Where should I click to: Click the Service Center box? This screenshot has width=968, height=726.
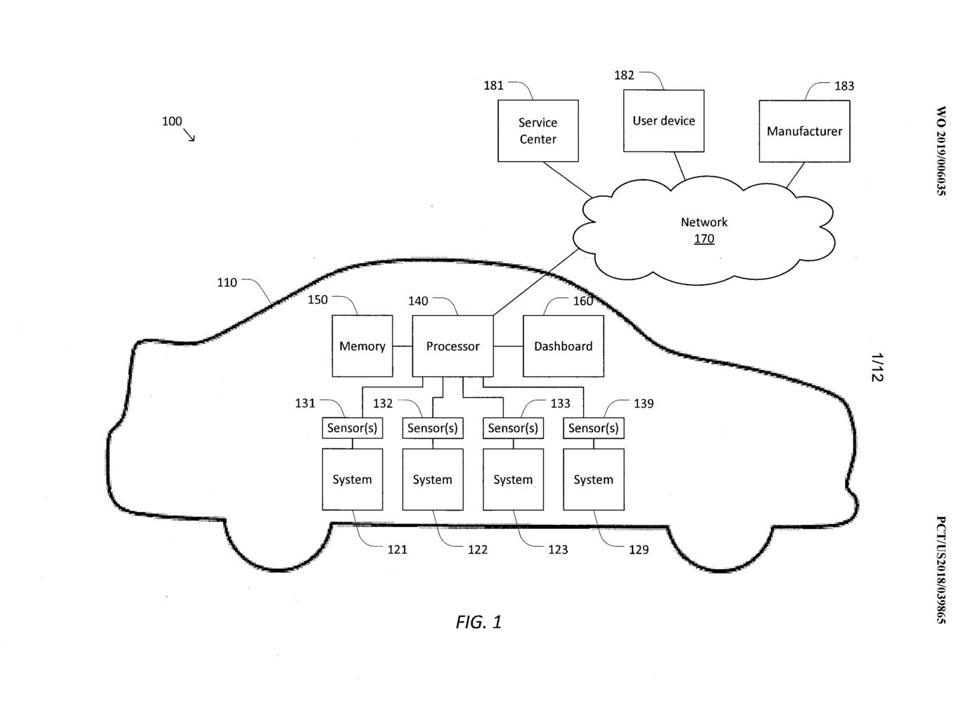pos(537,130)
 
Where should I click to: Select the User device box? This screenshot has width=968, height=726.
pos(663,121)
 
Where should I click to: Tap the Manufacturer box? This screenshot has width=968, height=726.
pos(804,131)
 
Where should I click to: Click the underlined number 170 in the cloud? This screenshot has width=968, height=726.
pos(703,238)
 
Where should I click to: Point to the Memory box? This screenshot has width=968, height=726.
pos(362,346)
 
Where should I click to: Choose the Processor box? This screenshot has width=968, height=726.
pos(452,346)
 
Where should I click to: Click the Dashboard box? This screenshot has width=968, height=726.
pos(563,346)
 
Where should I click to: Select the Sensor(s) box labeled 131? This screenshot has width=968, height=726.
pos(352,428)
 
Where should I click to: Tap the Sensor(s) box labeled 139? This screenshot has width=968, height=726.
pos(593,428)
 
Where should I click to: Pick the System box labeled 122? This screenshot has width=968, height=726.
pos(432,479)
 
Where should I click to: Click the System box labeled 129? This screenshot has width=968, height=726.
pos(593,479)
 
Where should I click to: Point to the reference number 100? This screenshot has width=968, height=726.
pos(172,121)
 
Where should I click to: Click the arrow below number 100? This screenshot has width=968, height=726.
pos(189,135)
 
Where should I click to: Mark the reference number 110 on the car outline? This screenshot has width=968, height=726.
pos(227,282)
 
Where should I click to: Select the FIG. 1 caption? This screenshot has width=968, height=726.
pos(478,622)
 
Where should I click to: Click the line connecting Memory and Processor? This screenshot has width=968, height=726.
pos(402,346)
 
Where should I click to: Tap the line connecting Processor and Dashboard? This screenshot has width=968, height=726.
pos(508,346)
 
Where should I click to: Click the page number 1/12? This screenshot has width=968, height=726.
pos(877,367)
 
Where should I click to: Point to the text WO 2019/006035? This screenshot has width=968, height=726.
pos(941,151)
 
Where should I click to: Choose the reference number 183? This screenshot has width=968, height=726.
pos(844,86)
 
